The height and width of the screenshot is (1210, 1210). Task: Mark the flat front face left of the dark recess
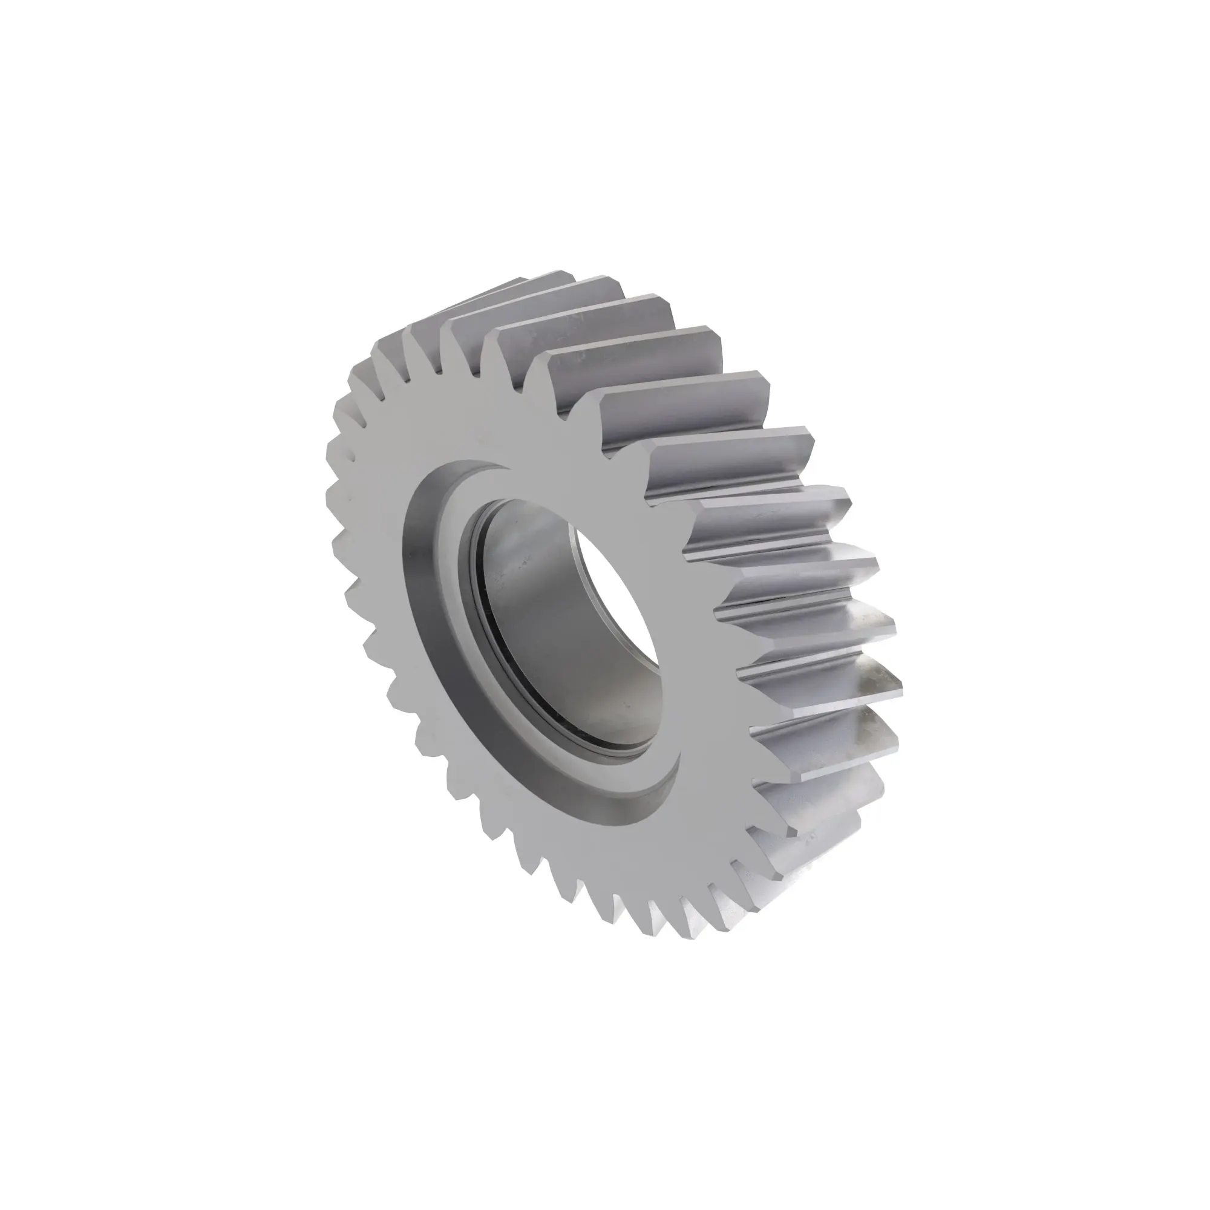click(x=376, y=564)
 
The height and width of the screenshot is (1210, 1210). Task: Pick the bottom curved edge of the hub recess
click(x=626, y=814)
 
